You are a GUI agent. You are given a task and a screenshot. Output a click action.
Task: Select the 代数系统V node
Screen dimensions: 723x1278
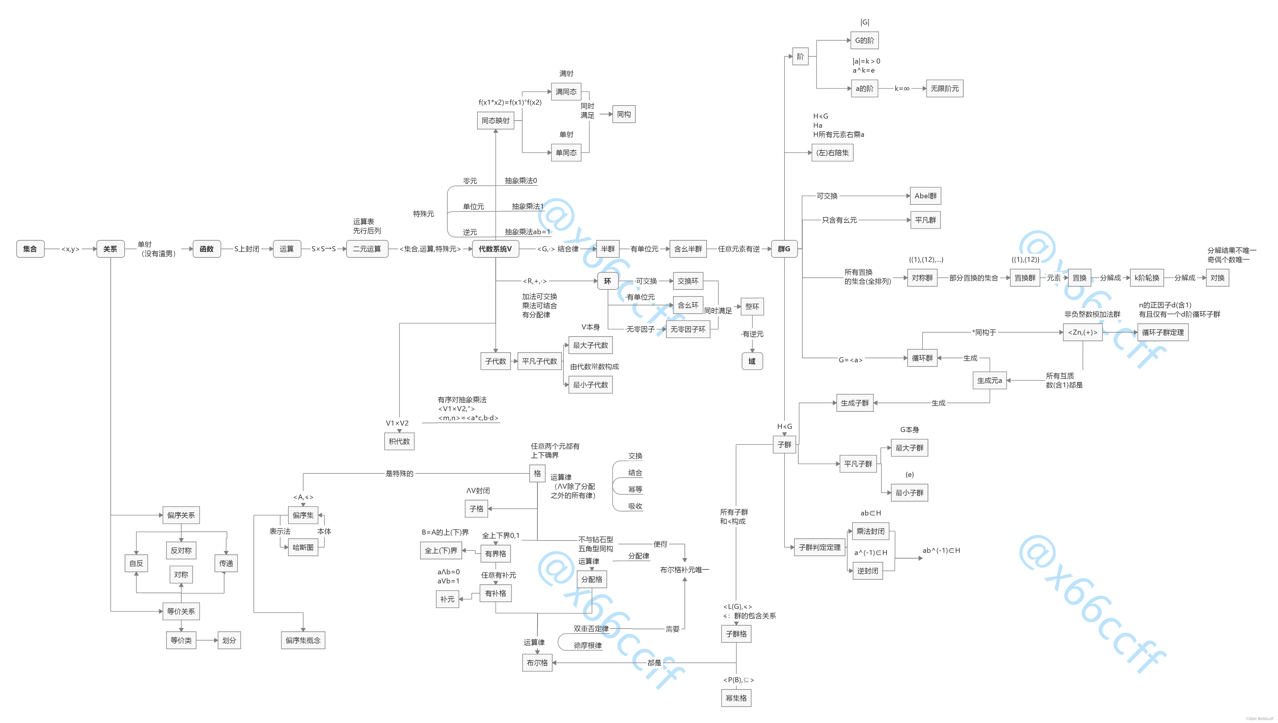(x=495, y=249)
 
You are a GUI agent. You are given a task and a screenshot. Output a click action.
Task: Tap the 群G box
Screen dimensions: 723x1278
(x=784, y=249)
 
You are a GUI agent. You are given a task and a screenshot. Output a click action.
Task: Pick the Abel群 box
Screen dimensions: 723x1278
(x=926, y=196)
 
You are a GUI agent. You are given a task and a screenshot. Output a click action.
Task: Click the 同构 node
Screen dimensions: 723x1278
(x=623, y=114)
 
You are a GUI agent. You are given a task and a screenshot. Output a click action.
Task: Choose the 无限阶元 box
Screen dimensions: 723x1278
(x=944, y=88)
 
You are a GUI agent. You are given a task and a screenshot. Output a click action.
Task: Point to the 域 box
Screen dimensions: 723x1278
(x=752, y=361)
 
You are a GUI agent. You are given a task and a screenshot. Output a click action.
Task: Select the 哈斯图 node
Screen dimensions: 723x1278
(x=303, y=547)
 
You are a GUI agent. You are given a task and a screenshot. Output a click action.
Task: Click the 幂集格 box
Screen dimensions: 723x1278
(x=736, y=698)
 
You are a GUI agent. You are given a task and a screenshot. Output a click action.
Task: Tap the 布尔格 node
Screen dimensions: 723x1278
(x=537, y=662)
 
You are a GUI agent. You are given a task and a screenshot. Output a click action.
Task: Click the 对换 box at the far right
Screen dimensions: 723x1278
(x=1217, y=278)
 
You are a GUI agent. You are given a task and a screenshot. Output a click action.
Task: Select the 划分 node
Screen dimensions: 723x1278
(x=229, y=640)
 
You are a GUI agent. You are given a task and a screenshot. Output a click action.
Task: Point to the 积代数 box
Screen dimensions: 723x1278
(x=399, y=441)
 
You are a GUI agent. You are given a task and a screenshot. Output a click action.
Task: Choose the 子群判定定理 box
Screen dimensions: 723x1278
(x=819, y=547)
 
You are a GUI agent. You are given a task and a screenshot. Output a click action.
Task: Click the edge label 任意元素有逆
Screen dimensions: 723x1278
(x=738, y=249)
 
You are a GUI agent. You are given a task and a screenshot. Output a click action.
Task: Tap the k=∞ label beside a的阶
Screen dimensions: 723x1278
(x=902, y=88)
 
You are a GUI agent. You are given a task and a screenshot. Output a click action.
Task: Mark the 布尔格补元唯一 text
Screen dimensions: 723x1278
(x=684, y=569)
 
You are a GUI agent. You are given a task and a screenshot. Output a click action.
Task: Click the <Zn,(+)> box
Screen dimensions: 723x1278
(x=1082, y=332)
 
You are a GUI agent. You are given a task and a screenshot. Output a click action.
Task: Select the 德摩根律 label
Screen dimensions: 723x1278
(x=587, y=645)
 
